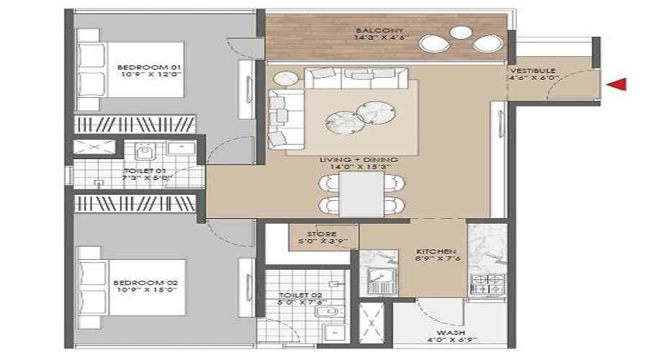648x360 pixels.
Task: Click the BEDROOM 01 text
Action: [140, 68]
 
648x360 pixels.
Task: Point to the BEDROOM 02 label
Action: [140, 283]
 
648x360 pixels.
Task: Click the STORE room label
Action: [318, 233]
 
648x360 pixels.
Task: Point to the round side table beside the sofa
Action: [287, 78]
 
